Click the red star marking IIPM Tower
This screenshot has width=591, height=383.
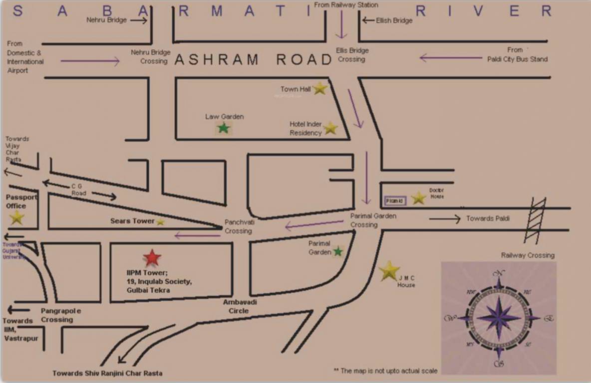point(152,258)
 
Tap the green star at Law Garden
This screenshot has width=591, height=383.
point(224,128)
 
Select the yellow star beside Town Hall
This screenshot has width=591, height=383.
point(319,89)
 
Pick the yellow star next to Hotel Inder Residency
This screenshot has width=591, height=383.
point(330,129)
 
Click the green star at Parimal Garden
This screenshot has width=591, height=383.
point(338,251)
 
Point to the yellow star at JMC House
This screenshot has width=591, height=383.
point(389,271)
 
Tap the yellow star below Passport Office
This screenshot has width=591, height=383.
point(17,217)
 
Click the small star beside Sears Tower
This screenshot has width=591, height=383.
point(160,222)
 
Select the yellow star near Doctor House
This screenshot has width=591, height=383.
point(418,198)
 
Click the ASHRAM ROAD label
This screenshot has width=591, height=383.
point(254,60)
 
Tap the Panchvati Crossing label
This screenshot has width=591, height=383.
point(238,226)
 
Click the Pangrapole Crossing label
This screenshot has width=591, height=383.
point(60,315)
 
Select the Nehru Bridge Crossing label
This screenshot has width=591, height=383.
point(150,56)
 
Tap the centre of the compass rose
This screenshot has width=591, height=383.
point(498,318)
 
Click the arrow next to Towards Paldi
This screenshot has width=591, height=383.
point(444,218)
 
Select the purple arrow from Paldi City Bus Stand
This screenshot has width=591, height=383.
point(450,58)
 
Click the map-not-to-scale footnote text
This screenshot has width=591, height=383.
point(385,371)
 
